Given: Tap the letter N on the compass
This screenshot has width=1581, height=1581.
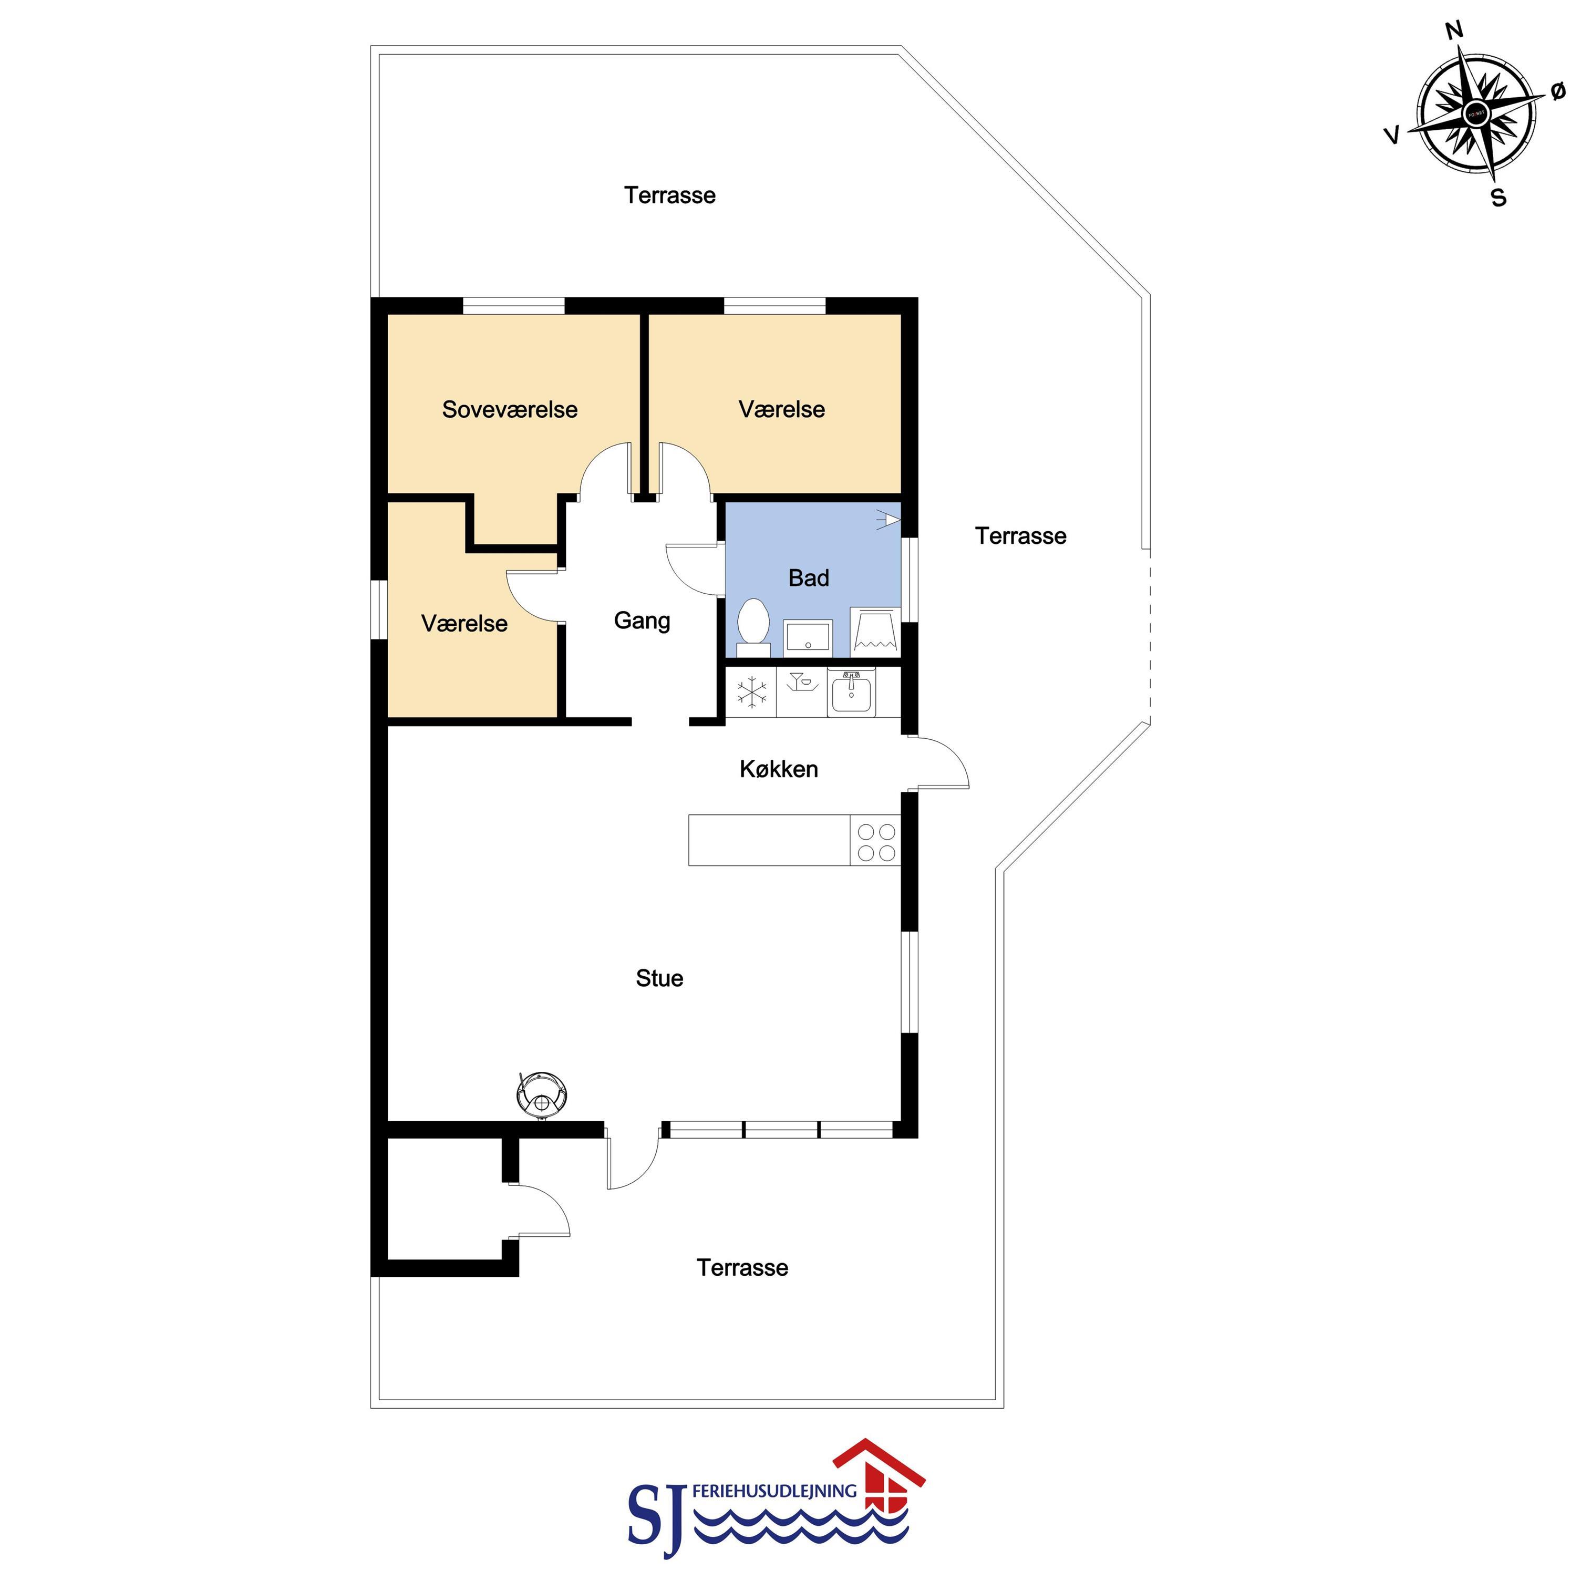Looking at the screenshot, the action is pos(1454,31).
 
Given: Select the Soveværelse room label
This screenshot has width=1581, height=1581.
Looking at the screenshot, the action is pos(510,409).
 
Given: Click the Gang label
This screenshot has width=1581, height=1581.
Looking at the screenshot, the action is pos(643,621).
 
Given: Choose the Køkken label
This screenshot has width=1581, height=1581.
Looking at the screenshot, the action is pos(779,769).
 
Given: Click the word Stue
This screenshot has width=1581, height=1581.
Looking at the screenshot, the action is pos(659,978).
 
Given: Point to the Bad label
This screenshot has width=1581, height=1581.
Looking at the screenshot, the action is pos(809,578).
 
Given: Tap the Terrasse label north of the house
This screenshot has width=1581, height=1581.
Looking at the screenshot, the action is pos(670,195).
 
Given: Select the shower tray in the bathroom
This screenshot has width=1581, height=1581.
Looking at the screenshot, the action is pos(875,630).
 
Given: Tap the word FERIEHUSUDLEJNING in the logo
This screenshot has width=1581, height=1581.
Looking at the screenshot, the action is pos(774,1491).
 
